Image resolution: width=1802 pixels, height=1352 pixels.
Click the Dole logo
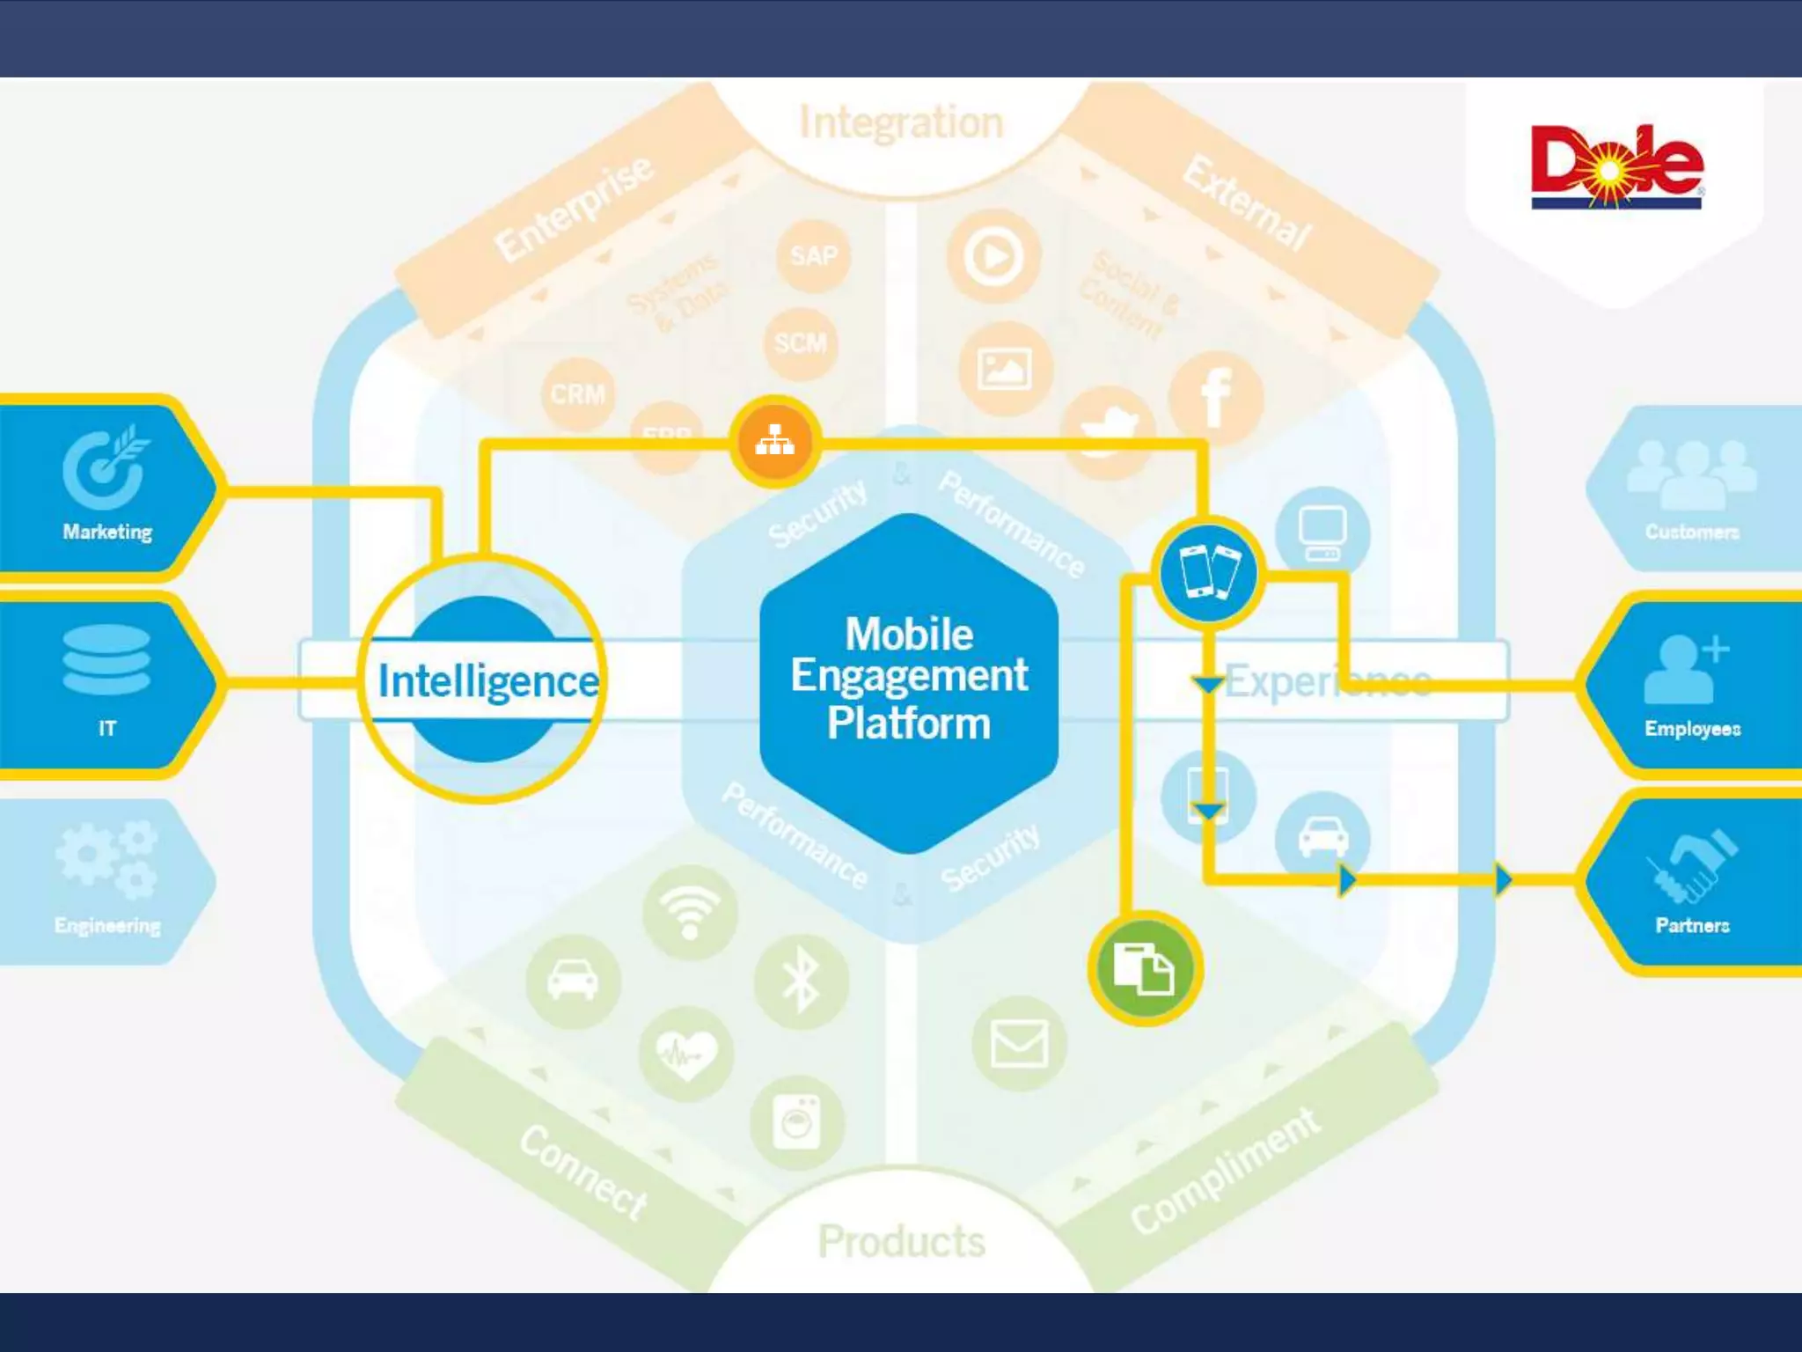1616,167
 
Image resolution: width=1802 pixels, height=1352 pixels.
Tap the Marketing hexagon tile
107,487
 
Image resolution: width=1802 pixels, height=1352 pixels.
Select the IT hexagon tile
107,684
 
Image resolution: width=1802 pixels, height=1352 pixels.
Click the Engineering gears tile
107,880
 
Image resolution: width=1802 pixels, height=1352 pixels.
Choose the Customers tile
1691,487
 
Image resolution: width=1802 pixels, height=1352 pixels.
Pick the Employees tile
1691,684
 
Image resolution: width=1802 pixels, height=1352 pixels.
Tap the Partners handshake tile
1691,880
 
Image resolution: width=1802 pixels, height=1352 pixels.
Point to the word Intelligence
488,681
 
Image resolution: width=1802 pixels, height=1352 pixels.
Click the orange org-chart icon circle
774,441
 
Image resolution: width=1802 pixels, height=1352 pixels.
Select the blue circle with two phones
1209,573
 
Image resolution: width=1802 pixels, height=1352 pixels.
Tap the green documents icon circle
1144,968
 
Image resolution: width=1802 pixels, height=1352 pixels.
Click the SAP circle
813,256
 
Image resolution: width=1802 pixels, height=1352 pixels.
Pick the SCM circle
800,343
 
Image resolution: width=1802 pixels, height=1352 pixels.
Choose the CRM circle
577,394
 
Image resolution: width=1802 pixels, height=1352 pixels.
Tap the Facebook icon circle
1215,398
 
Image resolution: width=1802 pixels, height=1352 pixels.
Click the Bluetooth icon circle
801,981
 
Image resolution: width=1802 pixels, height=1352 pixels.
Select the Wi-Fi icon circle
690,912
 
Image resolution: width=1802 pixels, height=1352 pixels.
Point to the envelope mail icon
1019,1044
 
